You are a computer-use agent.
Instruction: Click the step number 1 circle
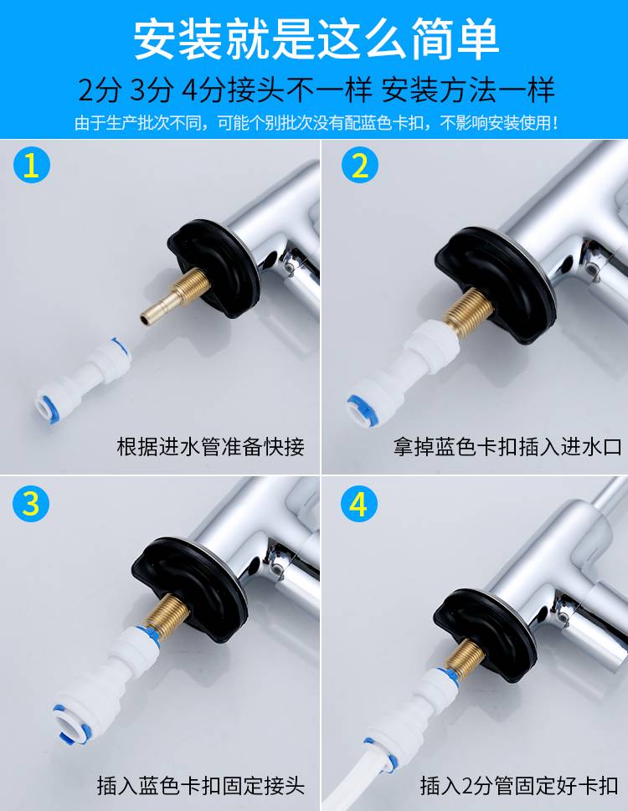pos(32,165)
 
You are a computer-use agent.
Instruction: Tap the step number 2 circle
pos(360,165)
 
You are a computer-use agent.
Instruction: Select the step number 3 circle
pos(32,503)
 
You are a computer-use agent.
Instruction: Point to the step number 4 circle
pos(359,503)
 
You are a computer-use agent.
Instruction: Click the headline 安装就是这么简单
pos(316,39)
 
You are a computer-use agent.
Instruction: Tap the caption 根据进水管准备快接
pos(210,447)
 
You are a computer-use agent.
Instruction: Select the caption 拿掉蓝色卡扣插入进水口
pos(507,447)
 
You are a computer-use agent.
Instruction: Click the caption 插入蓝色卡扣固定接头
pos(201,785)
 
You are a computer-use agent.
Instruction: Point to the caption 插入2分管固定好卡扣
pos(519,785)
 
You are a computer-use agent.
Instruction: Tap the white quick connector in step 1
pos(83,379)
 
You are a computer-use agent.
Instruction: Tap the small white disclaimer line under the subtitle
pos(316,123)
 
